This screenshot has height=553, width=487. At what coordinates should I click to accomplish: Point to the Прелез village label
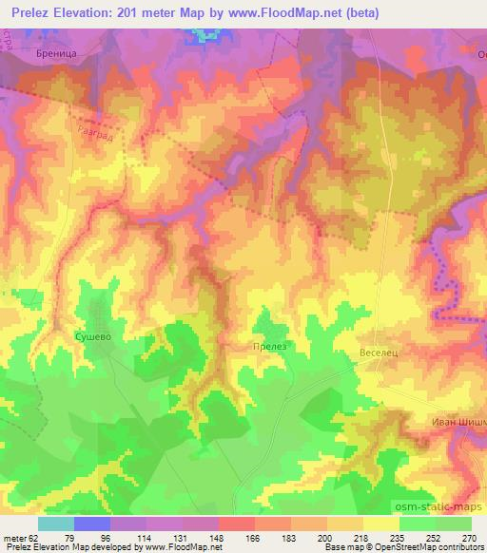[268, 348]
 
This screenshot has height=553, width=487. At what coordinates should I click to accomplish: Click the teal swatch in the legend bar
[56, 524]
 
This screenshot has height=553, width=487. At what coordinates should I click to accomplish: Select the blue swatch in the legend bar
[92, 524]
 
